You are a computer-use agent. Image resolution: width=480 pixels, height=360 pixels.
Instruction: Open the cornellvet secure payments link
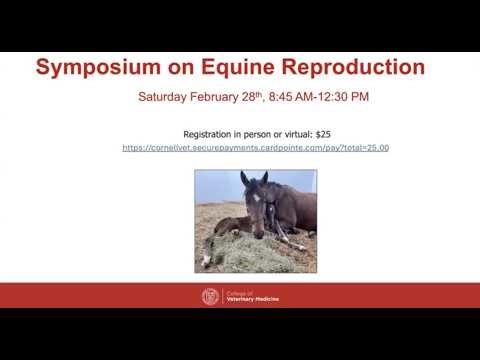[255, 148]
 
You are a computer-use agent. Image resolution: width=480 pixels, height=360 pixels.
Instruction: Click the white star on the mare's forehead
[257, 196]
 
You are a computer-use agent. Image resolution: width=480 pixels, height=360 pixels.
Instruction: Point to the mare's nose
[259, 233]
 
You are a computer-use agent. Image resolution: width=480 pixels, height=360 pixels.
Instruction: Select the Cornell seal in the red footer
[209, 296]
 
